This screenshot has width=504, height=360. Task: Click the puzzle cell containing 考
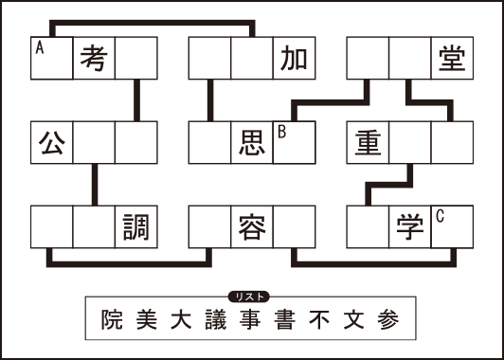[94, 58]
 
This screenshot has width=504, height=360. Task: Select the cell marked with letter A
[52, 58]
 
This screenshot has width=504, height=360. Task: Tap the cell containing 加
[294, 58]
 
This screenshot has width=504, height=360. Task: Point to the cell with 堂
[451, 58]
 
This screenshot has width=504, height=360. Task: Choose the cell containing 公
[52, 141]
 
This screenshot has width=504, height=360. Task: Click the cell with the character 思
[252, 141]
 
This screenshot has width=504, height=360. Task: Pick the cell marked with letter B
[294, 141]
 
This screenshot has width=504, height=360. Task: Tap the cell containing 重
[369, 141]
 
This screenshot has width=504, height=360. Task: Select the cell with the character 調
[135, 225]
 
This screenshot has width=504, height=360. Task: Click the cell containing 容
[252, 225]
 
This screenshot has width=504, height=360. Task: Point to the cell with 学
[410, 225]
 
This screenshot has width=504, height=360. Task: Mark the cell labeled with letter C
[451, 225]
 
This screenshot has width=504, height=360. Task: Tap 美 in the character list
[147, 320]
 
